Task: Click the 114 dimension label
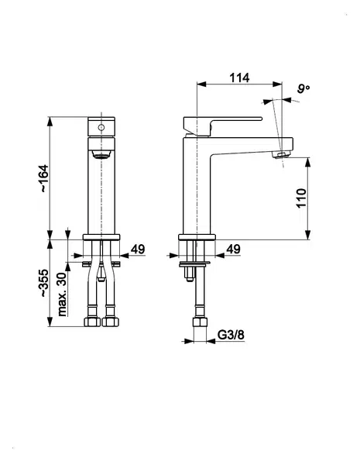point(239,77)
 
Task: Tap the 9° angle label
point(303,88)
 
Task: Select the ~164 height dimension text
point(43,178)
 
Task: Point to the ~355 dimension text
point(43,283)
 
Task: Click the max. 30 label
point(62,294)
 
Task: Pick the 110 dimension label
point(301,198)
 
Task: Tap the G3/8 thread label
point(231,335)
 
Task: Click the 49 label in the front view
point(138,250)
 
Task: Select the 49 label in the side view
point(233,250)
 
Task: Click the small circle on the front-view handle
point(101,128)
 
